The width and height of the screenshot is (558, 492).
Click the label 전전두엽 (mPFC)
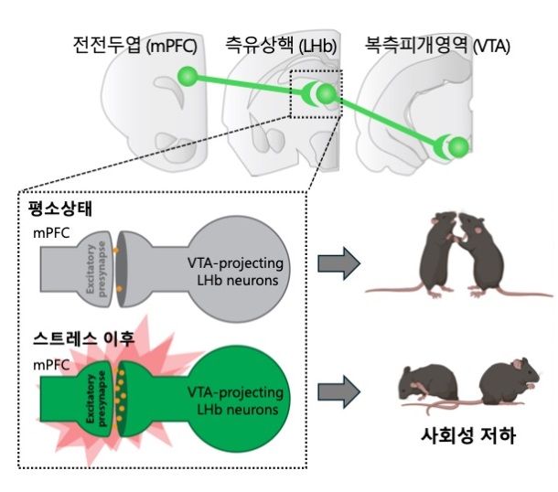[x=134, y=45]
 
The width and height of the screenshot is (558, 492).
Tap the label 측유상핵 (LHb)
[x=281, y=45]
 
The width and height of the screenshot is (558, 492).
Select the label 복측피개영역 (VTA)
[x=437, y=45]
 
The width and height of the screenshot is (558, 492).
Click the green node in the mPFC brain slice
[x=188, y=76]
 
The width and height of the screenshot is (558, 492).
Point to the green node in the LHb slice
[x=326, y=93]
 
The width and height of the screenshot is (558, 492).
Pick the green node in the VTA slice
[x=458, y=147]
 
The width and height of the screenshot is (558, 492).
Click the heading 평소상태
[x=60, y=209]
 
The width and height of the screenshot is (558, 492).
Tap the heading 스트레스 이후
[x=84, y=338]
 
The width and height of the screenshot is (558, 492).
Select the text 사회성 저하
[x=468, y=435]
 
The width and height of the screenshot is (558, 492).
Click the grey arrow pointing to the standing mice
[x=339, y=263]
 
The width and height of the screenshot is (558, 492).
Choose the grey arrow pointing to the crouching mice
[x=339, y=391]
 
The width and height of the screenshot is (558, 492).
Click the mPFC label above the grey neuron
[x=51, y=233]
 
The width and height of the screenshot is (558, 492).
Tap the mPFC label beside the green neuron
[x=51, y=365]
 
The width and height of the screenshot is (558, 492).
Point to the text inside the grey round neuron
[x=236, y=272]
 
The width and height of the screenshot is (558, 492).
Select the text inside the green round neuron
[x=236, y=401]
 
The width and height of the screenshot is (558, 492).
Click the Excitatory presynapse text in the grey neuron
[x=96, y=269]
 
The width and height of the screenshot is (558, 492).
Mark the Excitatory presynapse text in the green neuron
[x=96, y=399]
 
